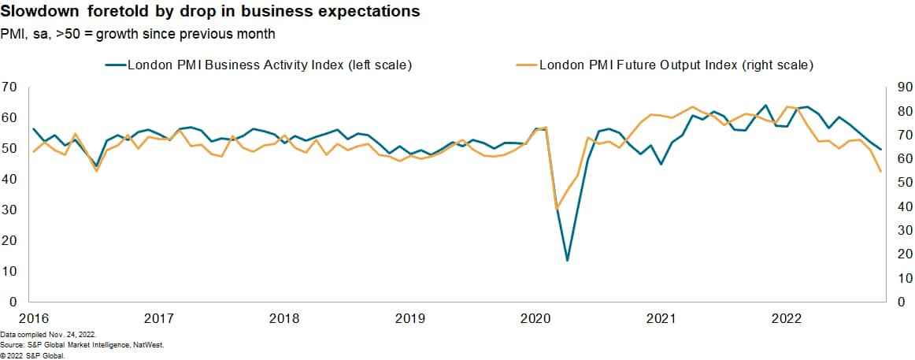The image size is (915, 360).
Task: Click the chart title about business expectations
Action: point(209,13)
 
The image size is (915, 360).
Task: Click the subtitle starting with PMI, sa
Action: point(138,34)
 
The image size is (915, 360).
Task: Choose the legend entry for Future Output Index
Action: point(676,65)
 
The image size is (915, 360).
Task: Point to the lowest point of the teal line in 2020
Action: point(567,260)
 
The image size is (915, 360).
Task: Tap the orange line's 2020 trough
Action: point(557,210)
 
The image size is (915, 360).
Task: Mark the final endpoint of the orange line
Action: point(880,172)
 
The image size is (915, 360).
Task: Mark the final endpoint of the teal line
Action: point(880,150)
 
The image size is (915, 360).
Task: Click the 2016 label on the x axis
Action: point(34,318)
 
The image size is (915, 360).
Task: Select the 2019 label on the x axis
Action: point(410,318)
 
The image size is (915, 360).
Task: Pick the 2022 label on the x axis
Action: point(787,318)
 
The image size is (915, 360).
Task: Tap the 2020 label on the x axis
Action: point(535,318)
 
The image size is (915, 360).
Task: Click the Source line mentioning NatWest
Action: point(82,345)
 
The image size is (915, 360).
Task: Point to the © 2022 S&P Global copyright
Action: point(32,354)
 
